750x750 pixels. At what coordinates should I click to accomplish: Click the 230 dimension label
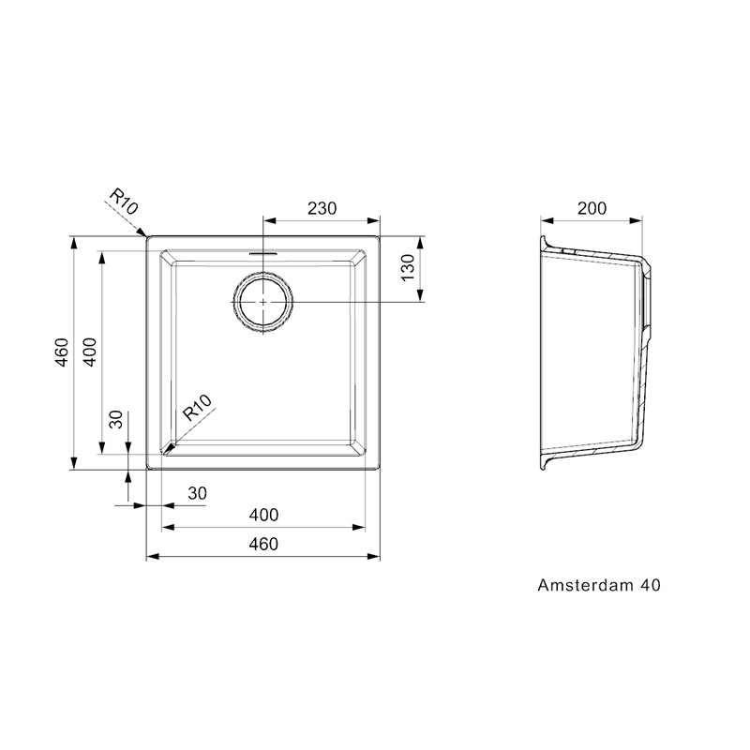[x=322, y=208]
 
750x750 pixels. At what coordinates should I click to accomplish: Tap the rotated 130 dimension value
[x=408, y=268]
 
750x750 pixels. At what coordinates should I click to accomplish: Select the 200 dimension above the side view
[x=592, y=208]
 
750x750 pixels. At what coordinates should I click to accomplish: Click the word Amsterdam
[x=585, y=585]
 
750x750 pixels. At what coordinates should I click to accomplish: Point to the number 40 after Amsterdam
[x=651, y=585]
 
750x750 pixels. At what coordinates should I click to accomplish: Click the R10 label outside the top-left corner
[x=124, y=201]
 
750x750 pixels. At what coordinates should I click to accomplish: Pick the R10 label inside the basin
[x=197, y=408]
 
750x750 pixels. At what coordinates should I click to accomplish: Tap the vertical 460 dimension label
[x=62, y=352]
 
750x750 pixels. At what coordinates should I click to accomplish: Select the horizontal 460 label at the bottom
[x=263, y=544]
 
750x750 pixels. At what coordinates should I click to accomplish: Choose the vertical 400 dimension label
[x=90, y=352]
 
